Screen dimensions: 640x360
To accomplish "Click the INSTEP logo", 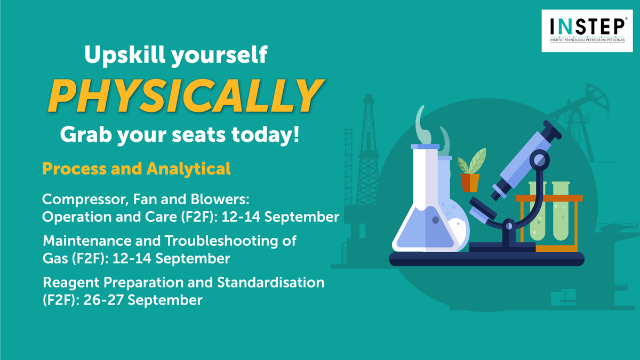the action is point(587,31).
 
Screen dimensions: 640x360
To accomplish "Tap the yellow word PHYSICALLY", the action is point(186,95).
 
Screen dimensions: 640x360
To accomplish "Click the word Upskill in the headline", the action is point(125,54).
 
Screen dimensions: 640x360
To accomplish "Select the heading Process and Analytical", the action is point(137,169).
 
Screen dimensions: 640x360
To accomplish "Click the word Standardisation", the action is point(270,282).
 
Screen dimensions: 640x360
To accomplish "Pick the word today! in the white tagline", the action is point(265,134).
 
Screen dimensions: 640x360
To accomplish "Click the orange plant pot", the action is point(470,182).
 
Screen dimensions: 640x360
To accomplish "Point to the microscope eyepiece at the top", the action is point(552,130).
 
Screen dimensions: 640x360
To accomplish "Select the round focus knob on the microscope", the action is point(539,160).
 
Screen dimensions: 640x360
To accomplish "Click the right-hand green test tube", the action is point(561,211).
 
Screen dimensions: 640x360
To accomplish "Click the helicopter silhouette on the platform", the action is point(617,227).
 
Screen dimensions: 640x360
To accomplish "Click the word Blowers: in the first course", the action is point(220,199).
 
